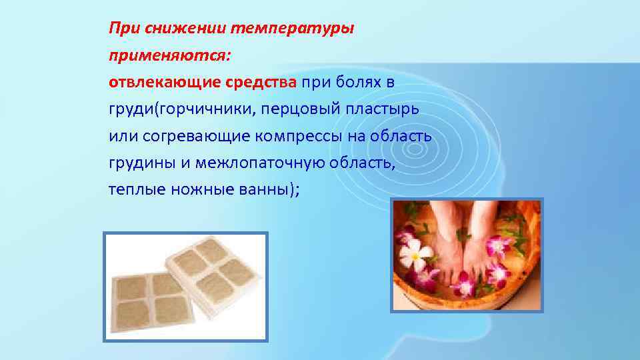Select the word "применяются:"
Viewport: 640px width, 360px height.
(170, 55)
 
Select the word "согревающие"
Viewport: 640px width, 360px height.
(196, 136)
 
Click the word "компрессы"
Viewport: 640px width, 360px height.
(299, 136)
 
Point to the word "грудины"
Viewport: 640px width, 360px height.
(142, 163)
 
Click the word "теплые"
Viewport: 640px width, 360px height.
(137, 189)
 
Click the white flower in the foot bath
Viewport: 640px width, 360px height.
(414, 255)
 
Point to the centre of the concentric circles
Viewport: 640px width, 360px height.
(415, 149)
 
